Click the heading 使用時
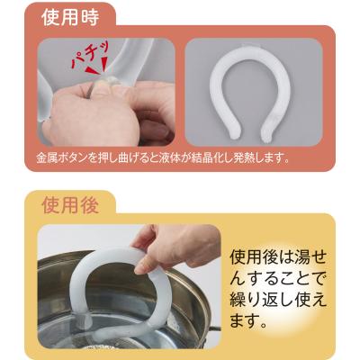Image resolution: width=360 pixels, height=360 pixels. (70, 18)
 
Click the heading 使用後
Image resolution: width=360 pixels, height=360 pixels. (70, 205)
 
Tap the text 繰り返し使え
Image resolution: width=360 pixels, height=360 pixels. (277, 301)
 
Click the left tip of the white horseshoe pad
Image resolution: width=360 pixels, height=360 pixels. (235, 133)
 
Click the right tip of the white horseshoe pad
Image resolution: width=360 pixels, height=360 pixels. (267, 133)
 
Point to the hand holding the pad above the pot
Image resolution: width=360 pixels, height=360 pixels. (177, 246)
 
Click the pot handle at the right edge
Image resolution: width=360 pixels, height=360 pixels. (215, 328)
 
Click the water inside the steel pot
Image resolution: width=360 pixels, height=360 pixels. (126, 331)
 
